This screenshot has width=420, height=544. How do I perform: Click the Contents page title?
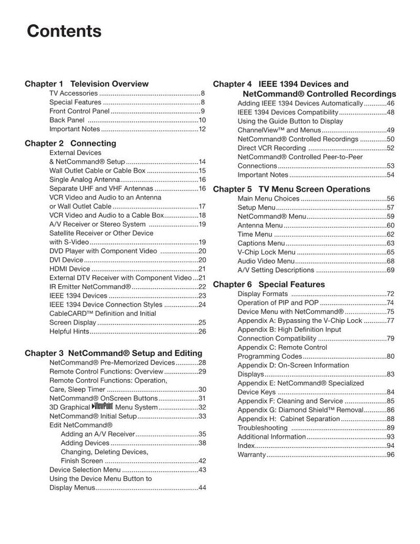[64, 32]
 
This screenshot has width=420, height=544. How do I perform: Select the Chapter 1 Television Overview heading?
[87, 83]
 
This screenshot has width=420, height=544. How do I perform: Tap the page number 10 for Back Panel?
[202, 120]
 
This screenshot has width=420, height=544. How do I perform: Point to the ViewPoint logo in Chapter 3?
[102, 406]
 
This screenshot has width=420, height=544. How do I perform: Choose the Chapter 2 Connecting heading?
[70, 143]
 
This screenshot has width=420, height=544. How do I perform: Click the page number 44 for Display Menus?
[202, 488]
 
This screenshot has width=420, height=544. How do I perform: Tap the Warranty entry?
[251, 455]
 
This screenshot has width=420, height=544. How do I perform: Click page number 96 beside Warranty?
[390, 455]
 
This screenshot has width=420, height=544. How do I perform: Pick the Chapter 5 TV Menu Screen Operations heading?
[291, 189]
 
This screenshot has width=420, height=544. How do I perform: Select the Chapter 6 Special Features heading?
[269, 285]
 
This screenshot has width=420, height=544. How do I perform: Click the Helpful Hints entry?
[69, 331]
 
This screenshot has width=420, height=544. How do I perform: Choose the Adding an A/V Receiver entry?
[98, 434]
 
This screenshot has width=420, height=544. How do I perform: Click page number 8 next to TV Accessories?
[203, 93]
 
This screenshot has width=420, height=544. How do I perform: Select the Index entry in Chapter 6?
[246, 446]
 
